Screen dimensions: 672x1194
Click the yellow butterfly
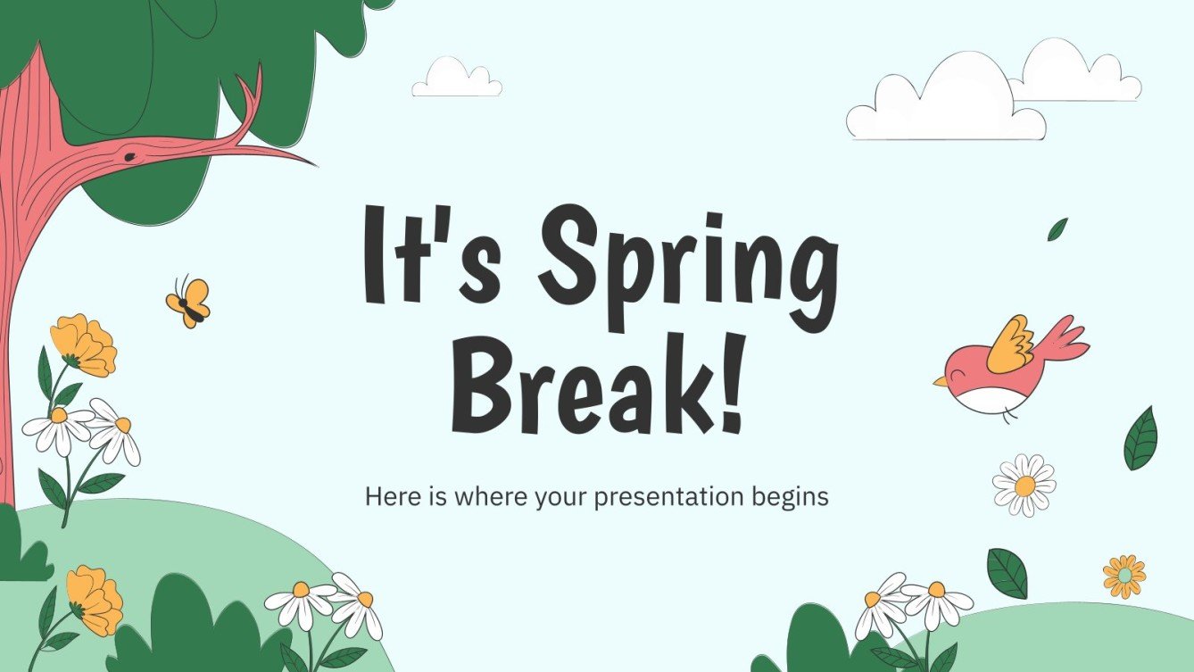pyautogui.click(x=188, y=302)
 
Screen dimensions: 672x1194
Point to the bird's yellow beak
pyautogui.click(x=941, y=381)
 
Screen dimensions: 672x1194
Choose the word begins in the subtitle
pyautogui.click(x=793, y=497)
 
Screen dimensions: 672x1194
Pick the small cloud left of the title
pyautogui.click(x=456, y=79)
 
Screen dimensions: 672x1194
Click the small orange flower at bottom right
pyautogui.click(x=1124, y=576)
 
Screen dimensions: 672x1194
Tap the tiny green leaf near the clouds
pyautogui.click(x=1057, y=229)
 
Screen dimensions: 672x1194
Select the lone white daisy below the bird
pyautogui.click(x=1024, y=485)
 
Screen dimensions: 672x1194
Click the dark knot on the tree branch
pyautogui.click(x=130, y=157)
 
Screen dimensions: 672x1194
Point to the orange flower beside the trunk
pyautogui.click(x=83, y=344)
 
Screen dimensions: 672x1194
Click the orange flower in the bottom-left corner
pyautogui.click(x=95, y=599)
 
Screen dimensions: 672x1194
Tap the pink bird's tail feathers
pyautogui.click(x=1066, y=339)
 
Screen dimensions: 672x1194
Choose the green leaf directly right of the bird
pyautogui.click(x=1140, y=438)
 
